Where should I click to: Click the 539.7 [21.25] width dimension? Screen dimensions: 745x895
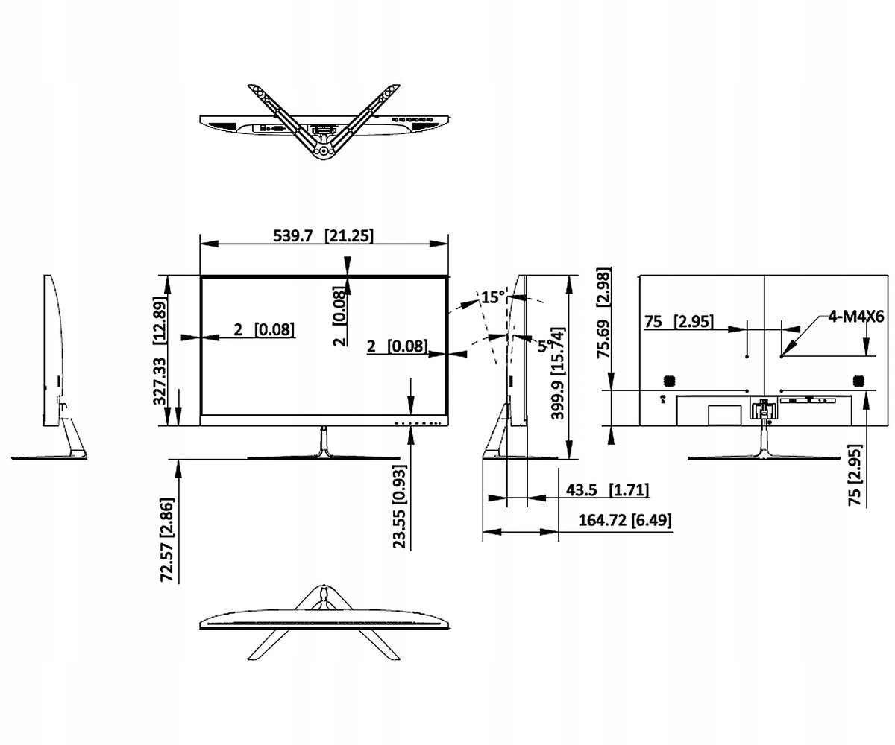(x=324, y=235)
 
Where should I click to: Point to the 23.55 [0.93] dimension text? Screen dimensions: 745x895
(x=400, y=507)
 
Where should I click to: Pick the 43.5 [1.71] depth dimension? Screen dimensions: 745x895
(x=607, y=490)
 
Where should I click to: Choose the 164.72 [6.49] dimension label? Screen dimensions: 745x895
(x=624, y=519)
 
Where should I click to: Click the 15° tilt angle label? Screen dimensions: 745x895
(x=493, y=297)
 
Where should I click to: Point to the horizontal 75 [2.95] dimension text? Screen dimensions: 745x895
(x=679, y=321)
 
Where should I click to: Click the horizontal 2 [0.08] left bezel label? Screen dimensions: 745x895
(x=263, y=329)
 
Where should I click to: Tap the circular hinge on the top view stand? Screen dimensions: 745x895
(x=323, y=150)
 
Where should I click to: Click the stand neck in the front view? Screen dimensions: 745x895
(x=324, y=441)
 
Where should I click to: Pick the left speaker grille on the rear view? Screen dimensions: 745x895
(x=668, y=380)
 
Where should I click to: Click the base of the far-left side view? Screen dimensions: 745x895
(x=50, y=456)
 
